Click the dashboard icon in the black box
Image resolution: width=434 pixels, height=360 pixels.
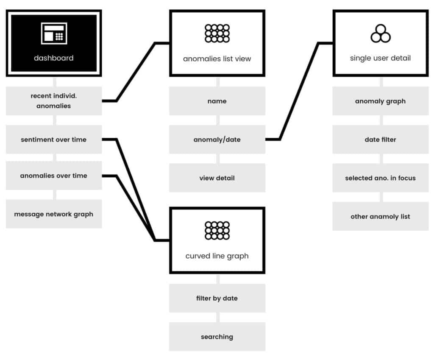tap(54, 33)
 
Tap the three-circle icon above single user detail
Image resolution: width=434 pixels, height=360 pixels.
tap(381, 33)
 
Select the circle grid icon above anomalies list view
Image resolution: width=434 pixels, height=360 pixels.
tap(217, 33)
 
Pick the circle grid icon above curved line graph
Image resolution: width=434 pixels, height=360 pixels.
tap(217, 230)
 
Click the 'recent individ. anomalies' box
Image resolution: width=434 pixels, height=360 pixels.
tap(54, 101)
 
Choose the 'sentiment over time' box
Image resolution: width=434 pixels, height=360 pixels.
tap(54, 139)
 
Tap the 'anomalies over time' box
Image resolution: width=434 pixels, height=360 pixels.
tap(54, 176)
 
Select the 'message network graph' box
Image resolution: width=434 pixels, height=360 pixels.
tap(54, 214)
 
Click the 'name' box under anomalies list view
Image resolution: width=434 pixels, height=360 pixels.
tap(217, 101)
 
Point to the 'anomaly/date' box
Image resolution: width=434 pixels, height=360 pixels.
tap(217, 139)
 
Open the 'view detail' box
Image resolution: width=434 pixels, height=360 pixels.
tap(217, 178)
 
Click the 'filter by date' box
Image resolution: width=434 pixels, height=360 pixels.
tap(217, 298)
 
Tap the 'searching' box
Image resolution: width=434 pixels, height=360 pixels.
tap(217, 337)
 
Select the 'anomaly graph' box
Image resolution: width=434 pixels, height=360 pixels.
tap(381, 101)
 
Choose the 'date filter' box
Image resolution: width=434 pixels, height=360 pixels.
tap(381, 139)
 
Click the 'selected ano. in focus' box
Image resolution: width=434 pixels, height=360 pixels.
tap(381, 178)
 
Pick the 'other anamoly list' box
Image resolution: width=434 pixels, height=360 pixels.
tap(381, 216)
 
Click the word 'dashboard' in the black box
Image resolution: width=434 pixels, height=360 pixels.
tap(54, 58)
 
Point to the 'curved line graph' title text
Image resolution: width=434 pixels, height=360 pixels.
tap(217, 256)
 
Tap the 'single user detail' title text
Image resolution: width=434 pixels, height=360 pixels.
tap(380, 58)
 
